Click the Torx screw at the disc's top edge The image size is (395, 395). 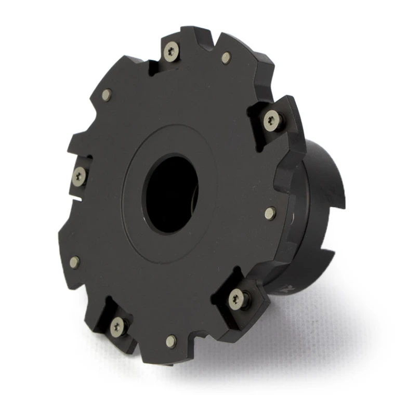(x=171, y=50)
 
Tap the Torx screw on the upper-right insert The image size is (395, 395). (x=272, y=121)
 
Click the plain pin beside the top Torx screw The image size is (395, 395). (x=226, y=58)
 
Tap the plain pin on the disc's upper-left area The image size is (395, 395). (x=106, y=95)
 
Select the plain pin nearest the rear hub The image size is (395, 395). (x=270, y=213)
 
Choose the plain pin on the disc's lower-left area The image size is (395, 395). (x=75, y=262)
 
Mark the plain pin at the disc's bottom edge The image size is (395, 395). (x=170, y=341)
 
